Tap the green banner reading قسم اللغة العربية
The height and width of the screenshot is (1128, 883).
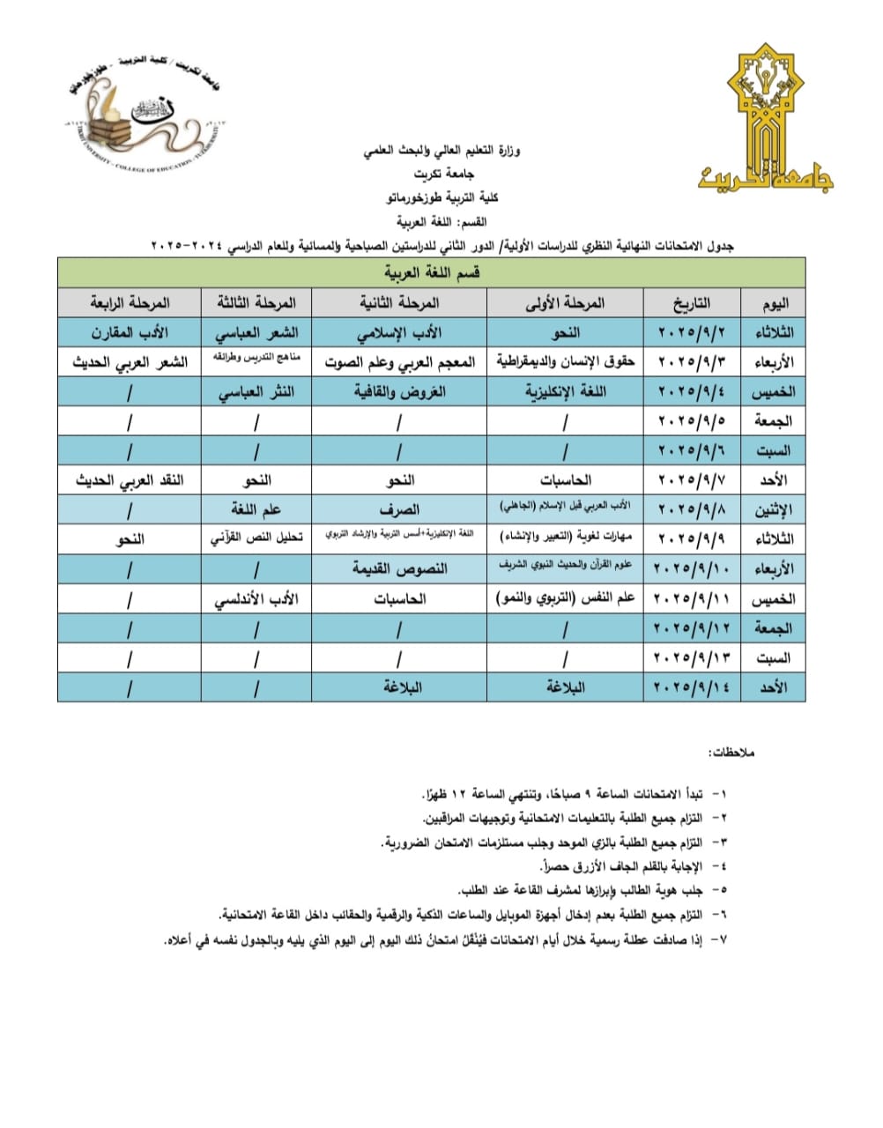point(432,273)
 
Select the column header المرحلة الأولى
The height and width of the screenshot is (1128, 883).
point(565,302)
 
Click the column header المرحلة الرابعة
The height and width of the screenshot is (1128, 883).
point(130,302)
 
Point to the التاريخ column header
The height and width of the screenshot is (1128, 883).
point(693,302)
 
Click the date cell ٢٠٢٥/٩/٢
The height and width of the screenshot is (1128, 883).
point(693,332)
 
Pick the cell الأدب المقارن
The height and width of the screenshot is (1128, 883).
point(130,332)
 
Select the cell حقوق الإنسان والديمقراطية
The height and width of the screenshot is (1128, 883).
point(565,362)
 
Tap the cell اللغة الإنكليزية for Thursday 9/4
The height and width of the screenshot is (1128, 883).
point(565,392)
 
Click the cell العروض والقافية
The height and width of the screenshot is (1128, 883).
point(399,392)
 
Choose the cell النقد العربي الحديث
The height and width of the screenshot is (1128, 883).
point(130,480)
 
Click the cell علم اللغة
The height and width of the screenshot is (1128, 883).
point(256,509)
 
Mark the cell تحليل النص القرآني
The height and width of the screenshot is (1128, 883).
point(256,538)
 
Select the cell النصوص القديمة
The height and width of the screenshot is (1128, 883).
point(399,568)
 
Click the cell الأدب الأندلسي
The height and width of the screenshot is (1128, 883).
point(256,598)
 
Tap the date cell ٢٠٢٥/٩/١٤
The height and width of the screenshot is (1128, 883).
point(693,686)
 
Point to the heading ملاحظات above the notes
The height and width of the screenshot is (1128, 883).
point(719,754)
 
